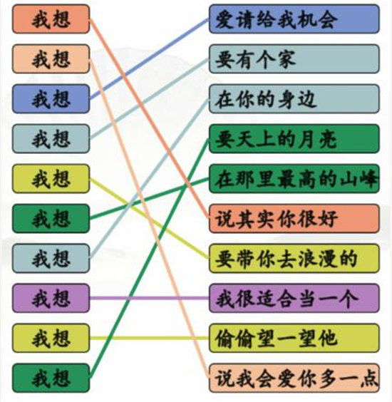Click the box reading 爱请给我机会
click(294, 19)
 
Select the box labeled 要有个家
click(294, 58)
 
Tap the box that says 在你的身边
click(294, 98)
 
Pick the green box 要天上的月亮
click(294, 139)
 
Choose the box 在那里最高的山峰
click(294, 179)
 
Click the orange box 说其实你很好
click(294, 218)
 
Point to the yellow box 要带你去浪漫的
click(294, 259)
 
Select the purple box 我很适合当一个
click(294, 298)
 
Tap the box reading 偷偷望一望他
click(294, 338)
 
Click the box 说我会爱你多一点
click(294, 378)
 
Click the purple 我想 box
click(51, 298)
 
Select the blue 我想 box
click(51, 98)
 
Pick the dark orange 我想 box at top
click(51, 19)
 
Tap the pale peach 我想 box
click(51, 58)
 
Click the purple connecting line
click(150, 298)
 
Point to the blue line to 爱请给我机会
click(150, 58)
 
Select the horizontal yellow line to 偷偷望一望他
click(150, 338)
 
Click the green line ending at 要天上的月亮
click(150, 258)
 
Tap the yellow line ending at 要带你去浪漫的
click(150, 219)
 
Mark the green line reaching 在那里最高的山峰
click(150, 199)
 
